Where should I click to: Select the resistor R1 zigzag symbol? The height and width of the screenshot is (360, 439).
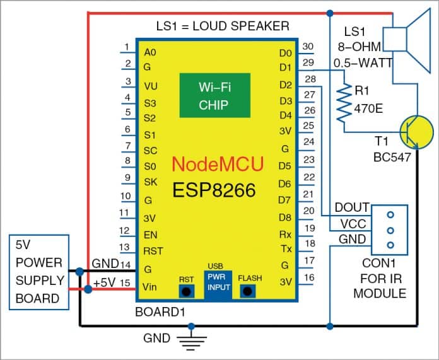click(343, 103)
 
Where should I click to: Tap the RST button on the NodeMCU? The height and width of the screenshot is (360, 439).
click(186, 291)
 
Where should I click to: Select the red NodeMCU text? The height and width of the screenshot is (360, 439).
click(218, 165)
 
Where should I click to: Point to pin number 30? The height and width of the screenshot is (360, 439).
click(308, 46)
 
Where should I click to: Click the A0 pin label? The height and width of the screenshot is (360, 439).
click(150, 52)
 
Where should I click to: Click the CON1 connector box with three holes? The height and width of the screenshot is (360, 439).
click(390, 229)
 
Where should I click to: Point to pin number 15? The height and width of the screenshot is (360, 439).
click(126, 284)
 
